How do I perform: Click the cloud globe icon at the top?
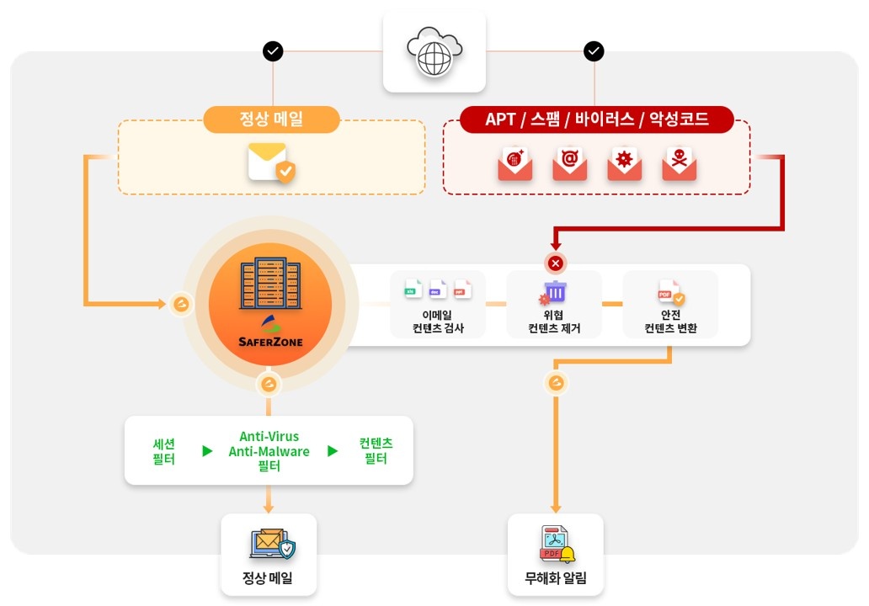[434, 51]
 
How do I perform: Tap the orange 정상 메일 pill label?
[271, 119]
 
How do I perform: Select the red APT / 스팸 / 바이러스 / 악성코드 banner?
[597, 119]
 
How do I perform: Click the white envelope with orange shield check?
[271, 162]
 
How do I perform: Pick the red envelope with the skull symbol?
[680, 164]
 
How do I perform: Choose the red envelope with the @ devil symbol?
[570, 164]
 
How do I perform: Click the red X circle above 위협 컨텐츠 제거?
[555, 263]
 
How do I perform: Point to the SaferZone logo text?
[270, 342]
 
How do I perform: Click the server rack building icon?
[270, 283]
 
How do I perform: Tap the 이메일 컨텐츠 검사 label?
[438, 322]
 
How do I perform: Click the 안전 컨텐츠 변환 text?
[670, 322]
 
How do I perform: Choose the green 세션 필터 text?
[164, 451]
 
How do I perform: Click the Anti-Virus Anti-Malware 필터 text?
[269, 451]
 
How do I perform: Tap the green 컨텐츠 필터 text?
[376, 451]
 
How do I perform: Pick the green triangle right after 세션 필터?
[207, 451]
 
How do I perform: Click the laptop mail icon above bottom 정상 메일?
[273, 544]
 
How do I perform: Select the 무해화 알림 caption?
[555, 578]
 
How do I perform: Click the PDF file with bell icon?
[557, 544]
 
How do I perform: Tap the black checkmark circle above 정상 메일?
[273, 51]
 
